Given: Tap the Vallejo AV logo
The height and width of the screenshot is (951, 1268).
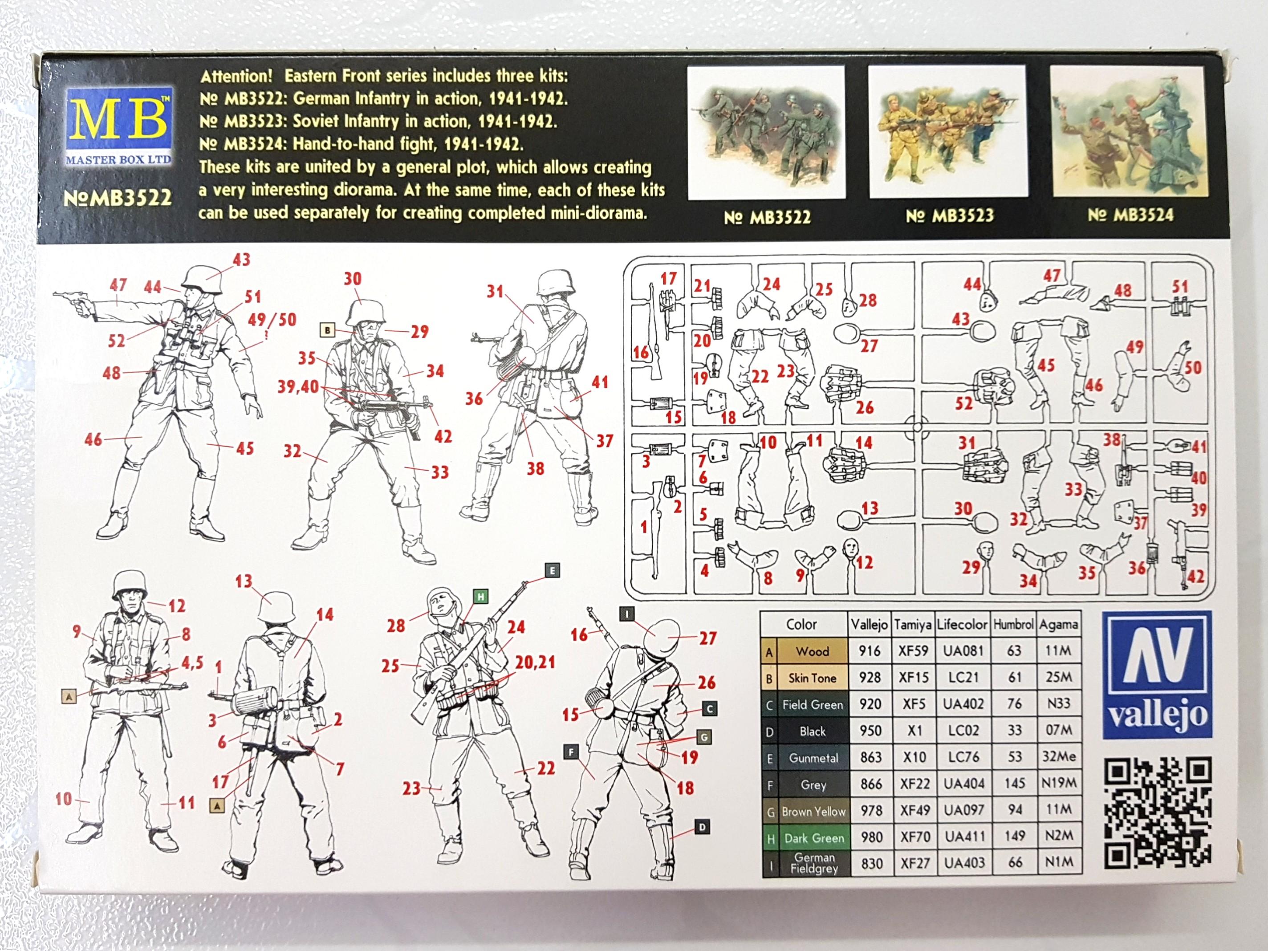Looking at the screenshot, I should (1157, 674).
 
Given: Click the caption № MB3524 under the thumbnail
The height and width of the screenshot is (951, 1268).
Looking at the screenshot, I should (1130, 215).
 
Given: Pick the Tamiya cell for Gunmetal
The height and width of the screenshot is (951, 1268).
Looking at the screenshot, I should (914, 757).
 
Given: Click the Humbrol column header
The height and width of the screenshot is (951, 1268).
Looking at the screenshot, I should (1013, 624).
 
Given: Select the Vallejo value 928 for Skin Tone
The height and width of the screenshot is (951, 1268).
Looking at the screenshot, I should (870, 678).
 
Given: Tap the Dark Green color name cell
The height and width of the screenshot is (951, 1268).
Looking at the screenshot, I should (813, 838).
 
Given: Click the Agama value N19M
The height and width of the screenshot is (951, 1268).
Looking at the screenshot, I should (1058, 784).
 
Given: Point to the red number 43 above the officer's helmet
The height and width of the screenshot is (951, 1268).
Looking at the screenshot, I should (241, 260).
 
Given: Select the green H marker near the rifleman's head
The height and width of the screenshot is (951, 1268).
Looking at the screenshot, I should (480, 597).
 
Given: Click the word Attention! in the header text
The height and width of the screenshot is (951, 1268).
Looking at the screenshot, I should (237, 76).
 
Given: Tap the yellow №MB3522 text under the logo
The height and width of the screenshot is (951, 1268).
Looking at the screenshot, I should (117, 198).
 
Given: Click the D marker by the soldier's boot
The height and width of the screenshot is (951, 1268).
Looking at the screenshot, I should (702, 827).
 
